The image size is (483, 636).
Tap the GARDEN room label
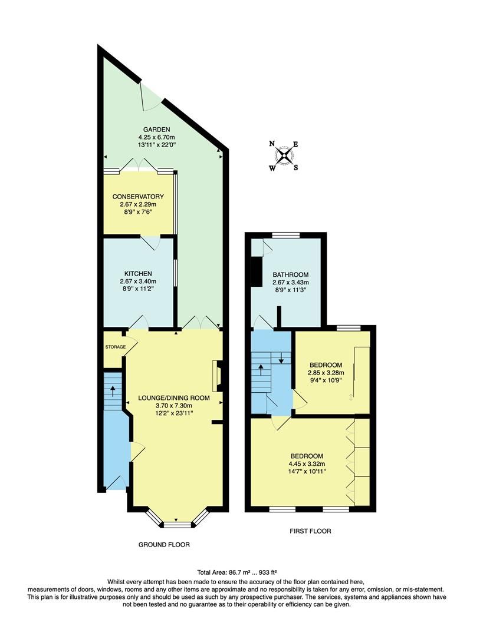156,130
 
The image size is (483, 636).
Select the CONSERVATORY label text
138,197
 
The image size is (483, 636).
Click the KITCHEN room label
138,274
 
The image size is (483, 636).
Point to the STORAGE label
116,347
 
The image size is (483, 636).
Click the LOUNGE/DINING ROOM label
174,398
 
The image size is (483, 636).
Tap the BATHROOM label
290,275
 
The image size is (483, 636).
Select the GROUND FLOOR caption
164,545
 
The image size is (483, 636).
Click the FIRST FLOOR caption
310,531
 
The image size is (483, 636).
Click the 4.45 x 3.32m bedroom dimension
307,464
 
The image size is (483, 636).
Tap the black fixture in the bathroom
256,271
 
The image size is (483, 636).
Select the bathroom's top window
286,236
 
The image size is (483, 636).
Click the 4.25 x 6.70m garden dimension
156,138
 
